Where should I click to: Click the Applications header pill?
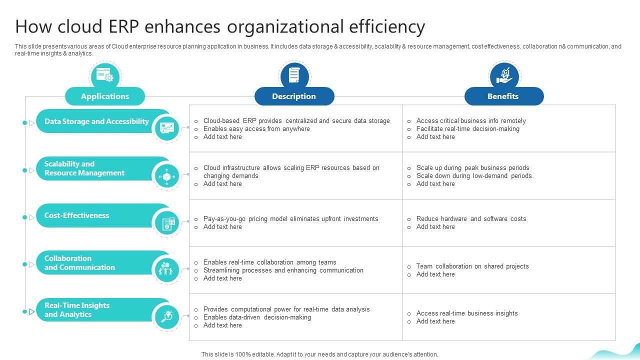coord(105,96)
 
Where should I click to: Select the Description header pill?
coord(294,96)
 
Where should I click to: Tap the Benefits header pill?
coord(503,96)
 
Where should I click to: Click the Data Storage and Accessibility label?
coord(96,121)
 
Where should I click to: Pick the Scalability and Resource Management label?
coord(84,168)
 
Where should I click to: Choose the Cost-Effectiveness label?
coord(76,215)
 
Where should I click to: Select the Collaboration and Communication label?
coord(79,263)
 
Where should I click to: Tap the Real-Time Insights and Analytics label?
coord(76,310)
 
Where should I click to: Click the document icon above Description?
coord(294,75)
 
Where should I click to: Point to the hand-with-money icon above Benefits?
coord(504,75)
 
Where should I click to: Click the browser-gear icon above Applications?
coord(105,75)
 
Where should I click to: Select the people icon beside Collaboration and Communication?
coord(166,269)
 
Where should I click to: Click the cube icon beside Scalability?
coord(166,176)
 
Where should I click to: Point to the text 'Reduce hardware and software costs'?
coord(471,219)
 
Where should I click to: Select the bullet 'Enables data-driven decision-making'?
coord(257,317)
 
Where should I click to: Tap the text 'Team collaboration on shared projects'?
coord(472,266)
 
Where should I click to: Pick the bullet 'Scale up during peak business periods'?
coord(472,168)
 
